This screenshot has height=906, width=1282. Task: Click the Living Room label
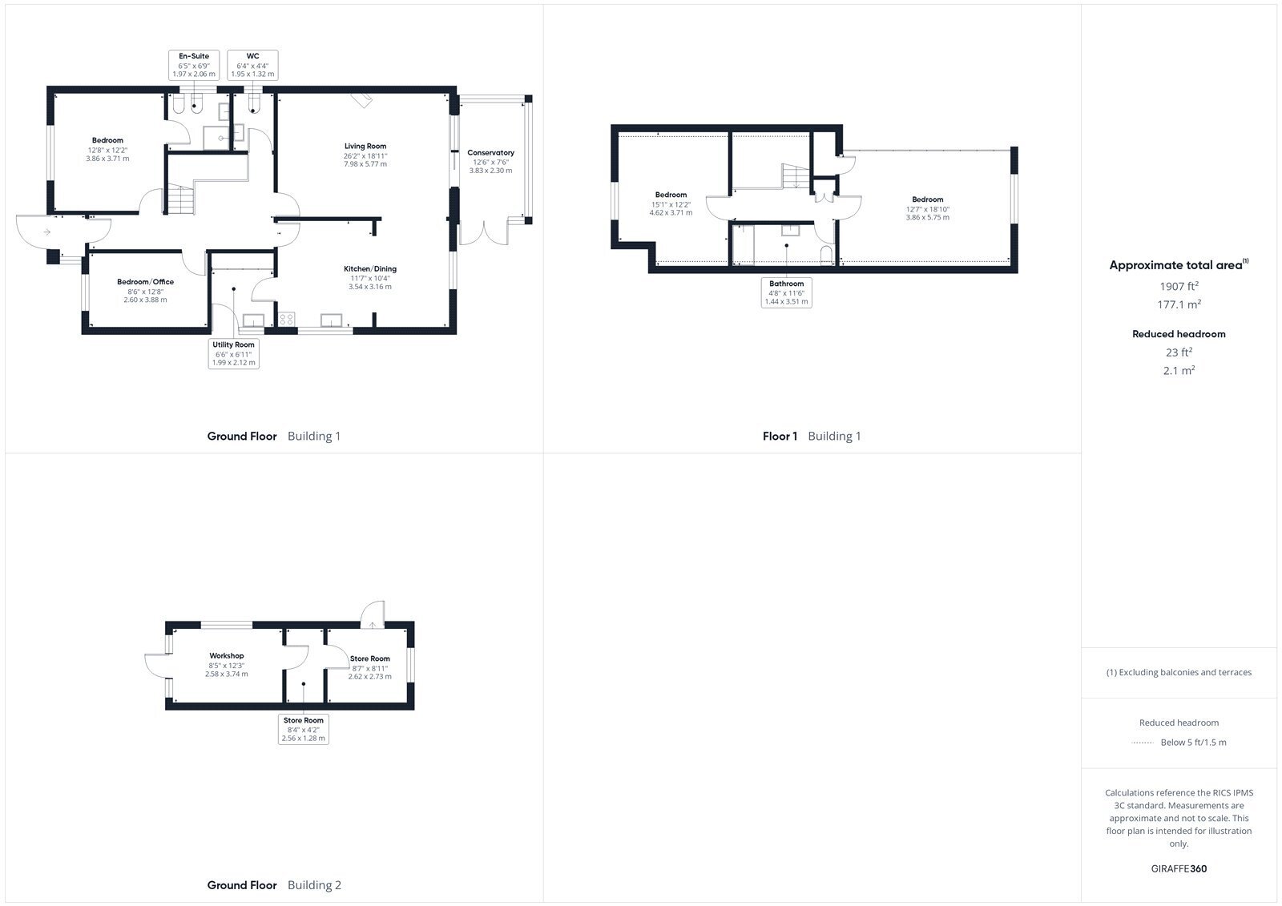pos(365,147)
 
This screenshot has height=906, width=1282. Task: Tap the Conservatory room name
pos(490,153)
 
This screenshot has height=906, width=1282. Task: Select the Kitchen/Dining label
pos(369,269)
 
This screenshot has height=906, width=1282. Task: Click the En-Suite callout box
pos(194,65)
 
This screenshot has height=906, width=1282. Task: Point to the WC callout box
pos(252,65)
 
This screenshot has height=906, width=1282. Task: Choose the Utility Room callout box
pos(233,353)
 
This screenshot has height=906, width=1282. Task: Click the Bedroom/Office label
pos(145,282)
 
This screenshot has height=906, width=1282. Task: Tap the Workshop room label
pos(227,656)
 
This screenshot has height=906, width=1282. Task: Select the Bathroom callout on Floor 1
pos(786,292)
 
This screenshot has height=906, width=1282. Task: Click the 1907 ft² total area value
pos(1179,286)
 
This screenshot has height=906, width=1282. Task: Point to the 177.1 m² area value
pos(1179,304)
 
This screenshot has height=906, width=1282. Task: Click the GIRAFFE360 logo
pos(1179,868)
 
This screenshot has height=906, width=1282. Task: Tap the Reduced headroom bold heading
pos(1179,334)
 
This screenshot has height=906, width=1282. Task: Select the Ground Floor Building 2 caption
pos(274,885)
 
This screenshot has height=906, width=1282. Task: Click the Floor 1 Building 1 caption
pos(812,436)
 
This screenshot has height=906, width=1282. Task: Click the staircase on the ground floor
pos(181,199)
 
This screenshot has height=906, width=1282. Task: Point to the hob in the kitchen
pos(287,320)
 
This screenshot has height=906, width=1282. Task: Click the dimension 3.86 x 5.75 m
pos(927,217)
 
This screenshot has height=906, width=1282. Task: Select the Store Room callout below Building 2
pos(304,729)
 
